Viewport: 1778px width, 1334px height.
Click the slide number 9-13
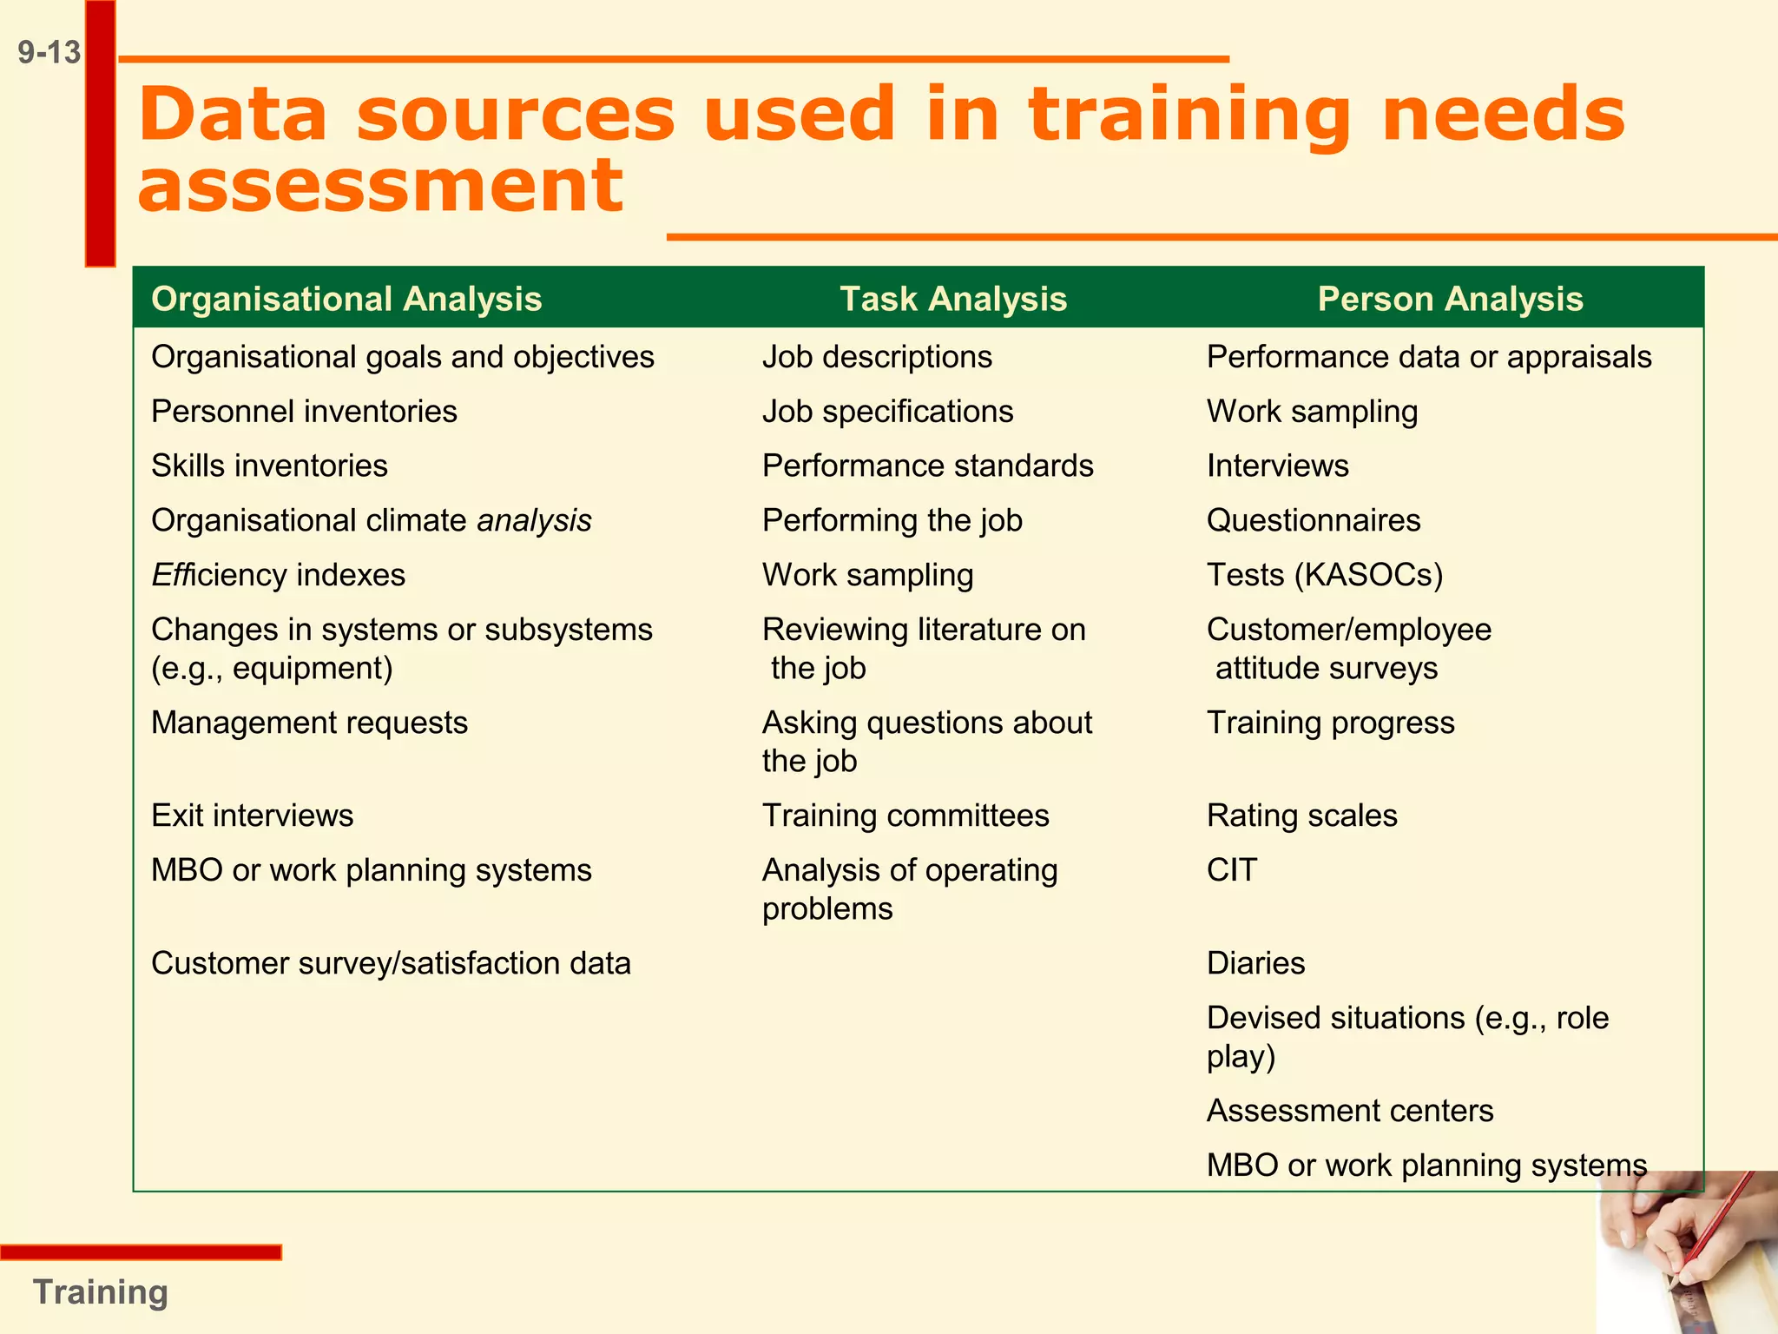coord(49,53)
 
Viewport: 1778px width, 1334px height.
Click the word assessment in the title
coord(380,186)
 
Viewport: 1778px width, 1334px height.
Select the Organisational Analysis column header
coord(346,299)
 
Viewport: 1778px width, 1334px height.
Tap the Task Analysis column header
coord(953,299)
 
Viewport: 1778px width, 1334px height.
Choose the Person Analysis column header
coord(1450,299)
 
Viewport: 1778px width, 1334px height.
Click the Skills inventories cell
coord(269,466)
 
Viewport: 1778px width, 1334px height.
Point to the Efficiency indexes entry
coord(278,575)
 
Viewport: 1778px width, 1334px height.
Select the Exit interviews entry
coord(252,816)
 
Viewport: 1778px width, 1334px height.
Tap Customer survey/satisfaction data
coord(391,963)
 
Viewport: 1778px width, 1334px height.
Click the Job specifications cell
coord(887,412)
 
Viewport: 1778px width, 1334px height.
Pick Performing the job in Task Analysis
coord(892,520)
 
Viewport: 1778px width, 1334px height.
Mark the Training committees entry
coord(905,816)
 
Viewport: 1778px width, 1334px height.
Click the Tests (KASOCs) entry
coord(1325,575)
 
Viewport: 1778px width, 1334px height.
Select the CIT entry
coord(1231,870)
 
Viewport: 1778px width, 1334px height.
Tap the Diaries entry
coord(1255,963)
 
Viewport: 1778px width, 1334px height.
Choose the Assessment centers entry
coord(1350,1111)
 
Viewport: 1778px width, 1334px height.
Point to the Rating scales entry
coord(1301,816)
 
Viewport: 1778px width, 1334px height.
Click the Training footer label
coord(100,1292)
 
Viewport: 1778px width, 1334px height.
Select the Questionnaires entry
coord(1314,520)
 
